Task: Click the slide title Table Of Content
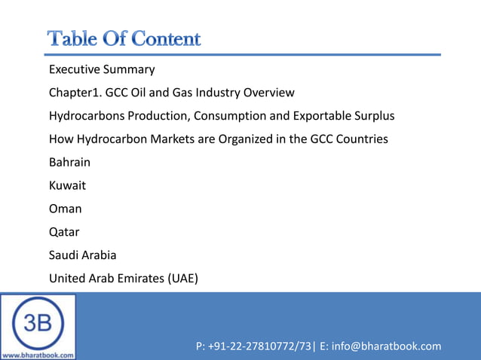point(124,38)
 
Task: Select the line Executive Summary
point(102,70)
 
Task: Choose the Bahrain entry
point(69,163)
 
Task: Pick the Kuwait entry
point(67,186)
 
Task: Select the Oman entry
point(66,209)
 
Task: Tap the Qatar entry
point(64,232)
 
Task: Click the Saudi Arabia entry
point(83,255)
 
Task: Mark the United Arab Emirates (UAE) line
point(124,279)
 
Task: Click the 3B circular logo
point(38,321)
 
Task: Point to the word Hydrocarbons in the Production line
point(85,117)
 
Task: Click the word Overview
point(269,93)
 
